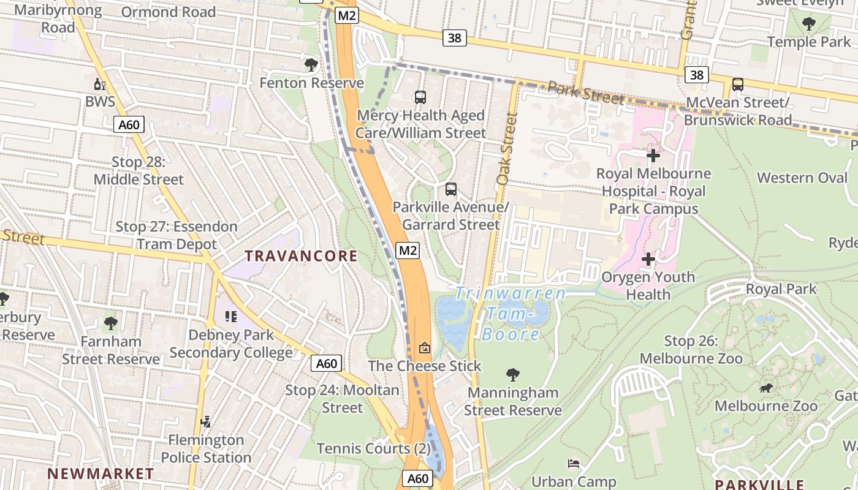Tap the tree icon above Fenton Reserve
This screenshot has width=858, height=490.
tap(311, 64)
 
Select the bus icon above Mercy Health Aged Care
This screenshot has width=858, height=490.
tap(420, 97)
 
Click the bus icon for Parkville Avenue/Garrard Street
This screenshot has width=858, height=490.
tap(451, 189)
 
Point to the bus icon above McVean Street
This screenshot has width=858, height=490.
tap(738, 85)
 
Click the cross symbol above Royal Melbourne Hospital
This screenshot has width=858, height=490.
tap(653, 156)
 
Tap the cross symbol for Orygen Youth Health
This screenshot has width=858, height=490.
tap(648, 259)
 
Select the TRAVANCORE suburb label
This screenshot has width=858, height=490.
tap(301, 256)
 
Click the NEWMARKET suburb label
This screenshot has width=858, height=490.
tap(101, 473)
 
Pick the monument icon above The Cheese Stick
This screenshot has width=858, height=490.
tap(424, 348)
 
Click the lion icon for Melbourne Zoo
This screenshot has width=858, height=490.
tap(765, 388)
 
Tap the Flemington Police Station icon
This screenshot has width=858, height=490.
tap(206, 422)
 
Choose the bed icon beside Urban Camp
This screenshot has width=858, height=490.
tap(574, 463)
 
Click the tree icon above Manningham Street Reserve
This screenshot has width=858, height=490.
tap(512, 374)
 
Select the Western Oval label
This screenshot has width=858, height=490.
tap(802, 178)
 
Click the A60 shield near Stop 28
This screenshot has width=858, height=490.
tap(129, 125)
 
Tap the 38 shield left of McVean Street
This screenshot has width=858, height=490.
tap(697, 75)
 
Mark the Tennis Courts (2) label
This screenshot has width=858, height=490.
tap(373, 448)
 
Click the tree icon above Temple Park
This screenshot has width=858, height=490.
tap(808, 24)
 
